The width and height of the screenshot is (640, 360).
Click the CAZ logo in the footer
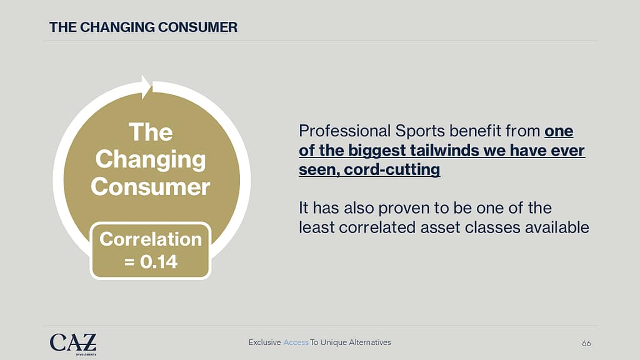tap(73, 344)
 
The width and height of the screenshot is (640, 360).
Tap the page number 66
tap(586, 343)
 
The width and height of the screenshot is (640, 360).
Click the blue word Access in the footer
tap(296, 342)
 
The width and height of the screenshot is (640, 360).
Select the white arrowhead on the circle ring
tap(146, 87)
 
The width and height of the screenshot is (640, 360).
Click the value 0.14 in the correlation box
tap(159, 262)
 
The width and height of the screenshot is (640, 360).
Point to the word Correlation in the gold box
tap(151, 239)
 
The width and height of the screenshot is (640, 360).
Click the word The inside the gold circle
tap(151, 132)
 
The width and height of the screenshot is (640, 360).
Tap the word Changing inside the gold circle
tap(151, 159)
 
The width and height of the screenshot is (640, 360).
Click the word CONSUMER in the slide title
tap(197, 27)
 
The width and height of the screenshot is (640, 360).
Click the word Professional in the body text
tap(345, 131)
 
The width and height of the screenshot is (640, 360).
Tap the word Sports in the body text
tap(420, 131)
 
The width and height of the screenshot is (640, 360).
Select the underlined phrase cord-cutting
tap(392, 169)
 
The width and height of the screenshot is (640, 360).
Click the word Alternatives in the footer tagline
tap(371, 342)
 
